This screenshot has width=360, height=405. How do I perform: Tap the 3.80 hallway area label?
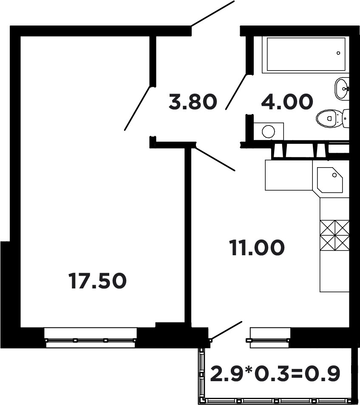192,102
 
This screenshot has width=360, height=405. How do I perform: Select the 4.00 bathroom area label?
287,102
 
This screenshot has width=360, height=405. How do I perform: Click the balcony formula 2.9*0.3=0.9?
275,373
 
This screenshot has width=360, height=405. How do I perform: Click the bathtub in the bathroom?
306,54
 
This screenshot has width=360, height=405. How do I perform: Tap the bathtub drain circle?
338,53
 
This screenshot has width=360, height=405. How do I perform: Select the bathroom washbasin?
342,88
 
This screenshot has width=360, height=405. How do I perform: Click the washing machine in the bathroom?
268,131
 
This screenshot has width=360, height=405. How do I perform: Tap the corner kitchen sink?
329,180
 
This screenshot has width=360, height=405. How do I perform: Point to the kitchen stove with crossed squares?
334,235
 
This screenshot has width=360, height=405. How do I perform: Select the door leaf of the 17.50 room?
137,108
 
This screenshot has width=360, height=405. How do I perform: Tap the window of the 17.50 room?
91,337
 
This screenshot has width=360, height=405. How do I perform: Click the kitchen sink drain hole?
334,175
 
